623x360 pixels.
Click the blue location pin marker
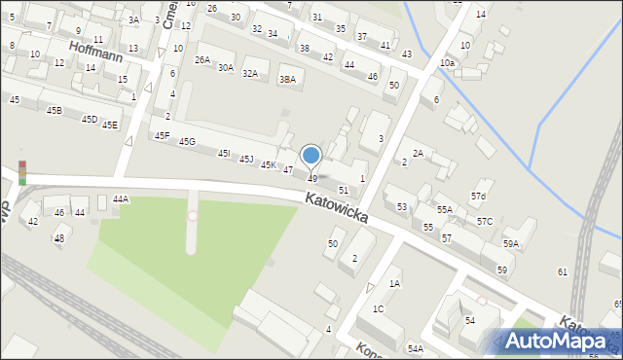click(311, 156)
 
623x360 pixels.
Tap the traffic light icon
click(21, 172)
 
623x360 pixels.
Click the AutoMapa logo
click(558, 342)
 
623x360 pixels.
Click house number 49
click(312, 179)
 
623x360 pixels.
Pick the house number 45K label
click(269, 165)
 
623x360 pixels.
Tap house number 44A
click(120, 198)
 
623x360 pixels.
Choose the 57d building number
click(478, 197)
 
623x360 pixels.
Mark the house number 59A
click(511, 244)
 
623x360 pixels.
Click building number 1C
click(379, 308)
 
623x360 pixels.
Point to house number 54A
click(416, 347)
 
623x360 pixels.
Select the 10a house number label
click(447, 62)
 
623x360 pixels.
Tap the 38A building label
click(287, 80)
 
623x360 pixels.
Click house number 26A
click(202, 60)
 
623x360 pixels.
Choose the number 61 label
click(562, 271)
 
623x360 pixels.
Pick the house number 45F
click(162, 135)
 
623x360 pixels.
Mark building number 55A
click(445, 209)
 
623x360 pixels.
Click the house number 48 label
click(59, 237)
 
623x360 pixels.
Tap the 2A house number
click(418, 153)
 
